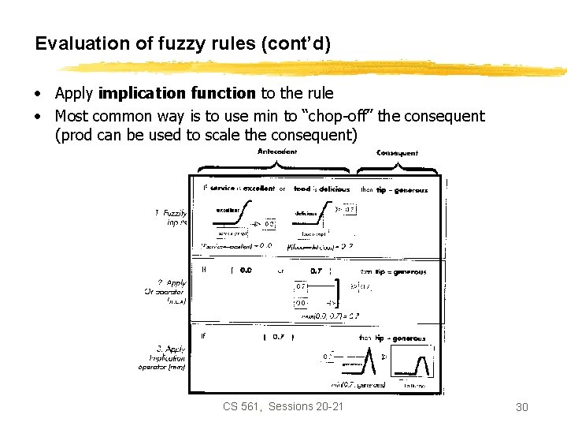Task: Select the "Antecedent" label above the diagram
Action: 277,152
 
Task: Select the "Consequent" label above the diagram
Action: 398,152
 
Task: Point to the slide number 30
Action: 521,407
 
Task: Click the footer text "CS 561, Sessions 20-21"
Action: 283,406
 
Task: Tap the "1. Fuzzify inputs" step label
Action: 171,217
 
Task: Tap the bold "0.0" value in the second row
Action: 246,271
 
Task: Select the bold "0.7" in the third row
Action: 279,338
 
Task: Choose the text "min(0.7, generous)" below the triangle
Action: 359,384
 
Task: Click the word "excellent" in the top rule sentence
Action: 258,189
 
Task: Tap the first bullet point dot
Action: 38,95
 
